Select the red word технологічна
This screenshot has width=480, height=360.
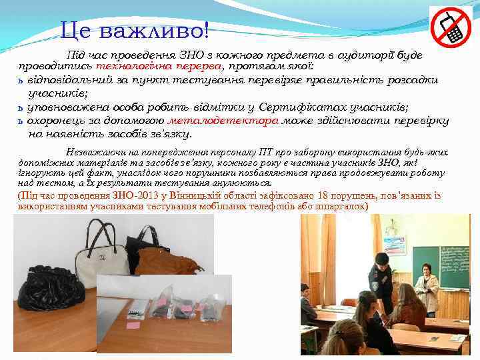(x=129, y=67)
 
